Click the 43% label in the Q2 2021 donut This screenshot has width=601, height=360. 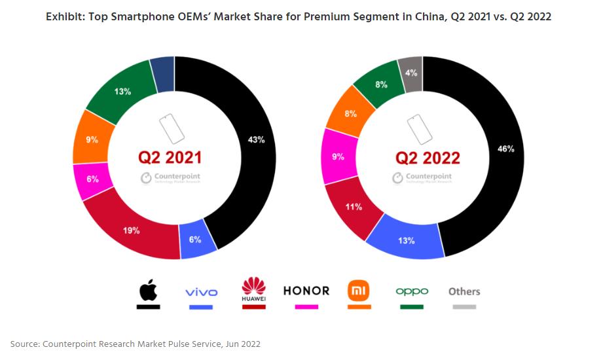point(257,140)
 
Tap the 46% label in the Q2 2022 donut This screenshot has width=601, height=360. point(505,149)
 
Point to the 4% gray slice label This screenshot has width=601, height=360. point(410,73)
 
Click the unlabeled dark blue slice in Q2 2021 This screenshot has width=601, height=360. point(162,73)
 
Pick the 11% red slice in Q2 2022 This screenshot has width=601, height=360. point(354,207)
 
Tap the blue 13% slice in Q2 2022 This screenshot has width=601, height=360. point(406,240)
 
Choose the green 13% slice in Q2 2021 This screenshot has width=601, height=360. point(122,91)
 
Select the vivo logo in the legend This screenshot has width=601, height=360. point(201,292)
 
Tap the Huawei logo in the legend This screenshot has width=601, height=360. point(253,289)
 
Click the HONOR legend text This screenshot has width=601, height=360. point(306,291)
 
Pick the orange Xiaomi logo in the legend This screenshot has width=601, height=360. point(358,289)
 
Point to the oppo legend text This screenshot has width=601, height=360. point(412,291)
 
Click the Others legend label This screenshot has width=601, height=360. point(464,291)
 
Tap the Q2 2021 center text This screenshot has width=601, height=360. point(170,158)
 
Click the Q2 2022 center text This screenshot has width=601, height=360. point(428,158)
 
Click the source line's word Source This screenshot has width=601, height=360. point(26,343)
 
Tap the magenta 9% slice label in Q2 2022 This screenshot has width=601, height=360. point(337,156)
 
